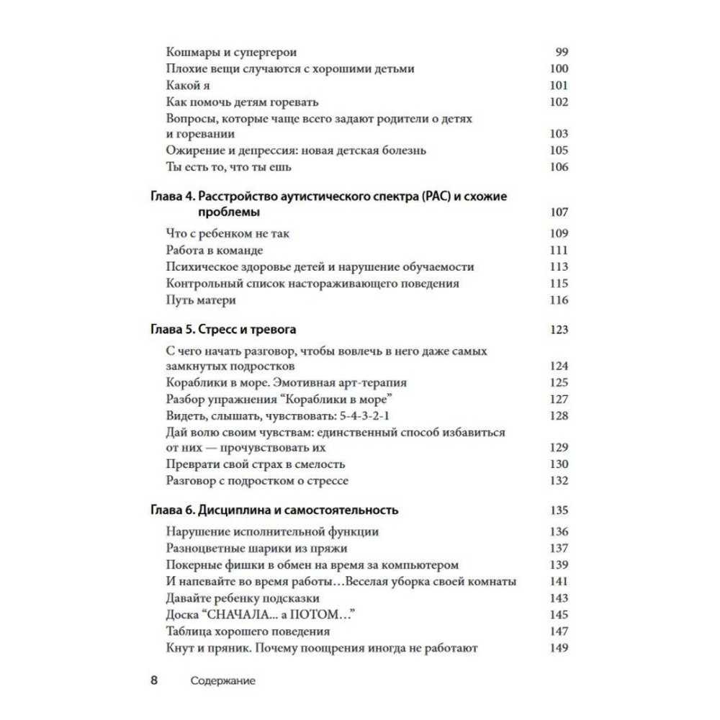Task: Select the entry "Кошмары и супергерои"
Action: [231, 53]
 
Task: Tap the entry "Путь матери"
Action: [200, 300]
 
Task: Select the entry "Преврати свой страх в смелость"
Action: [256, 464]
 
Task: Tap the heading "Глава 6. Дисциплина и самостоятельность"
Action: [275, 510]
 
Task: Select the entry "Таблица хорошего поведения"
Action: [248, 631]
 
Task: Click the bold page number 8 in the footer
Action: [154, 680]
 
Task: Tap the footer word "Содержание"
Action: [223, 680]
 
